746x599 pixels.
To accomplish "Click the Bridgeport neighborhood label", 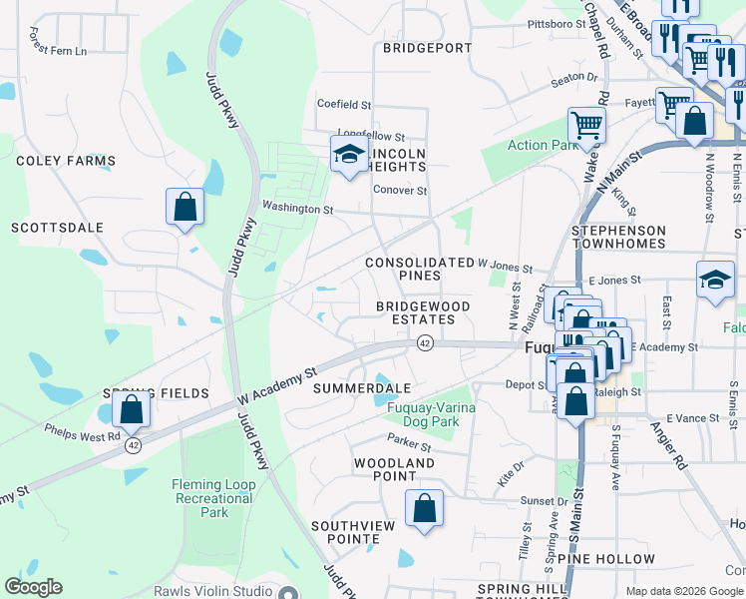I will pos(425,48).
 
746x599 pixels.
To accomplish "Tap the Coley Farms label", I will pos(66,161).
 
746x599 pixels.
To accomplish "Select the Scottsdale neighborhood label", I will pos(57,228).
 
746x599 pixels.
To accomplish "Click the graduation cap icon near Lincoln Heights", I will pos(349,155).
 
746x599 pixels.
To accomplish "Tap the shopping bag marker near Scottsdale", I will pos(186,208).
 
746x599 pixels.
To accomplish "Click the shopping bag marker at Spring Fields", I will pos(131,408).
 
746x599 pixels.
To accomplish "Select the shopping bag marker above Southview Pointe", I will pos(425,508).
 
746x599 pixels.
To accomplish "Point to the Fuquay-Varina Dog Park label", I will pos(431,414).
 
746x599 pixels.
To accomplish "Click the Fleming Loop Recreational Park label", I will pos(214,498).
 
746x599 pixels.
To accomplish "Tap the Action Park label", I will pos(542,146).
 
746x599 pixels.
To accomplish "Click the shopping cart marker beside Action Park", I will pos(586,126).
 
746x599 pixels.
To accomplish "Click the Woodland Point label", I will pos(395,470).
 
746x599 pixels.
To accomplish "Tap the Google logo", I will pos(33,587).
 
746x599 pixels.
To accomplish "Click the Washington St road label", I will pos(297,209).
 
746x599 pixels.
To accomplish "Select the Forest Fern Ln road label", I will pos(58,49).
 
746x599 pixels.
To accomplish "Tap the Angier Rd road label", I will pos(668,433).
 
